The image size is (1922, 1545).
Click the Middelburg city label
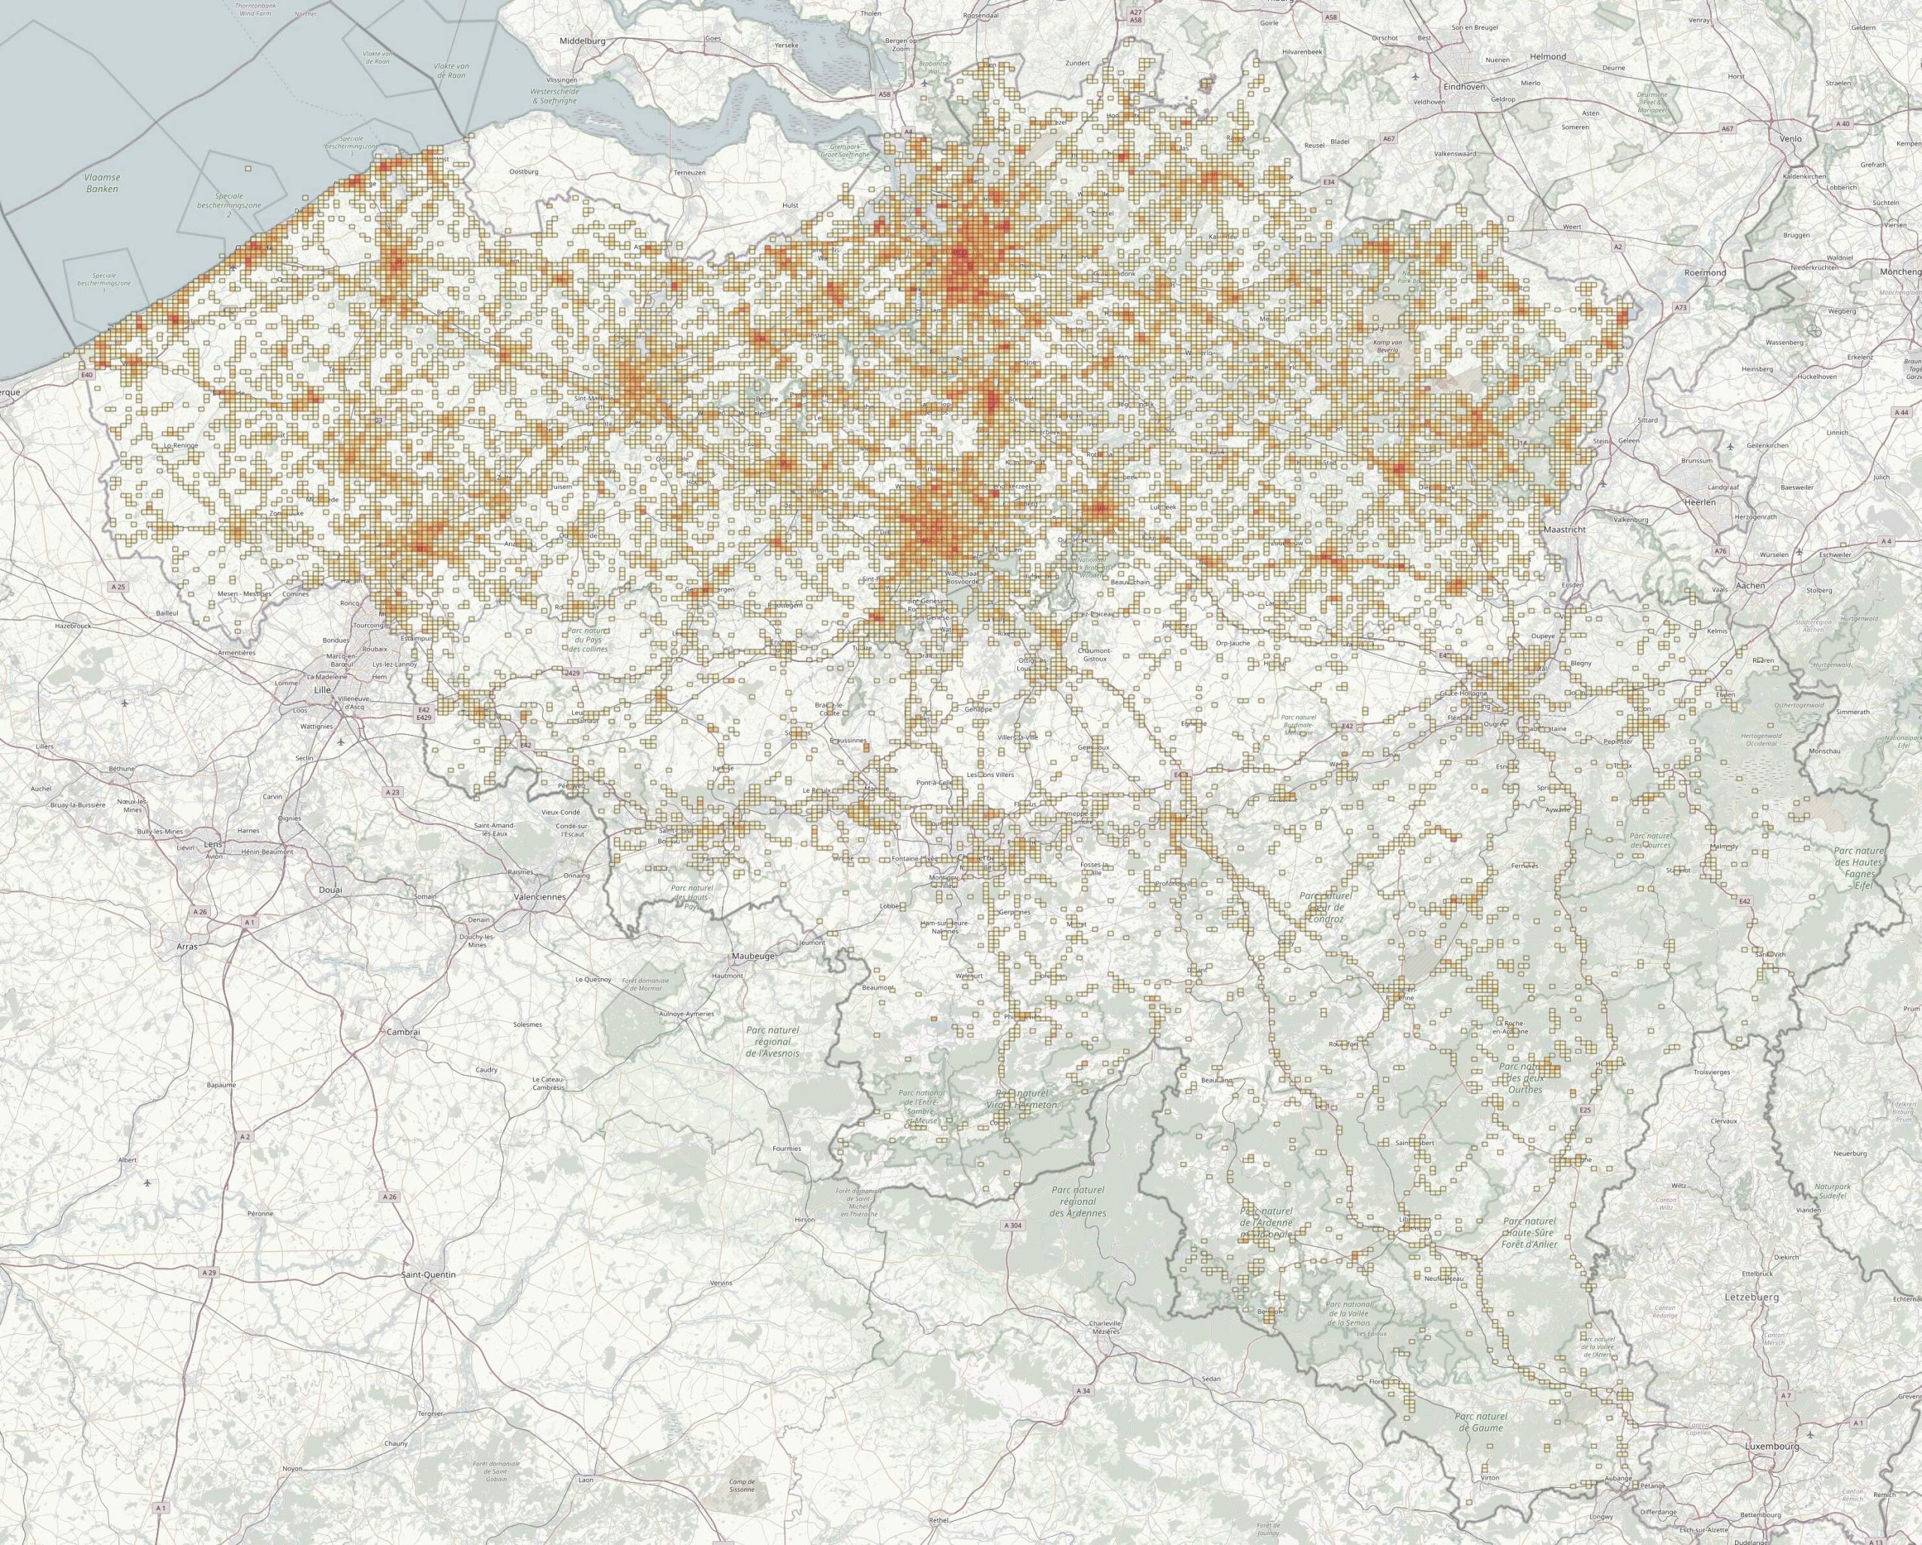[582, 42]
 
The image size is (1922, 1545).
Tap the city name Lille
[322, 690]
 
